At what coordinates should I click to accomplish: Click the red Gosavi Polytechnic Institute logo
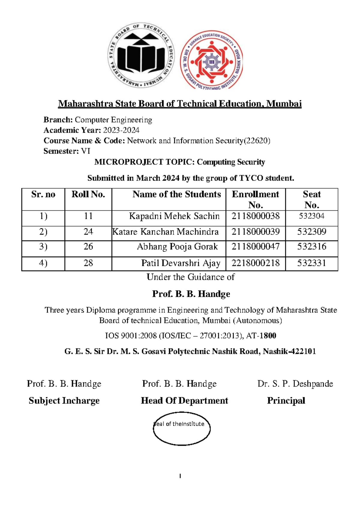click(212, 60)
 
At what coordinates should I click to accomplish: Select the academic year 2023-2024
click(121, 130)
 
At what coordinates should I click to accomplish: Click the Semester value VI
click(85, 151)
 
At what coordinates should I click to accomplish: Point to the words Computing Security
click(231, 162)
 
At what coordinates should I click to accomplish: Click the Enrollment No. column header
click(255, 199)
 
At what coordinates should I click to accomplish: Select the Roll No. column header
click(88, 194)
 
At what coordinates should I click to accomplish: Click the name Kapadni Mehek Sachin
click(174, 216)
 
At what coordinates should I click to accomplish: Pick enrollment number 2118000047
click(256, 247)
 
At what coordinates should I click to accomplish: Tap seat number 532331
click(311, 263)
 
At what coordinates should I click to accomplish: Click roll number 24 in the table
click(88, 232)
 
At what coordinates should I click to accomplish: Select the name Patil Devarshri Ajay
click(181, 263)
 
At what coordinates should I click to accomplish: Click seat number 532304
click(311, 216)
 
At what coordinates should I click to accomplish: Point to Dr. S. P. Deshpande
click(295, 384)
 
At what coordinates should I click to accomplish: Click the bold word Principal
click(286, 401)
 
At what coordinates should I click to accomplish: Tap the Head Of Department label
click(184, 401)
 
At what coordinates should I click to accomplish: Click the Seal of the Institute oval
click(181, 429)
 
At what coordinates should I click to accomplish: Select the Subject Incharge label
click(64, 401)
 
